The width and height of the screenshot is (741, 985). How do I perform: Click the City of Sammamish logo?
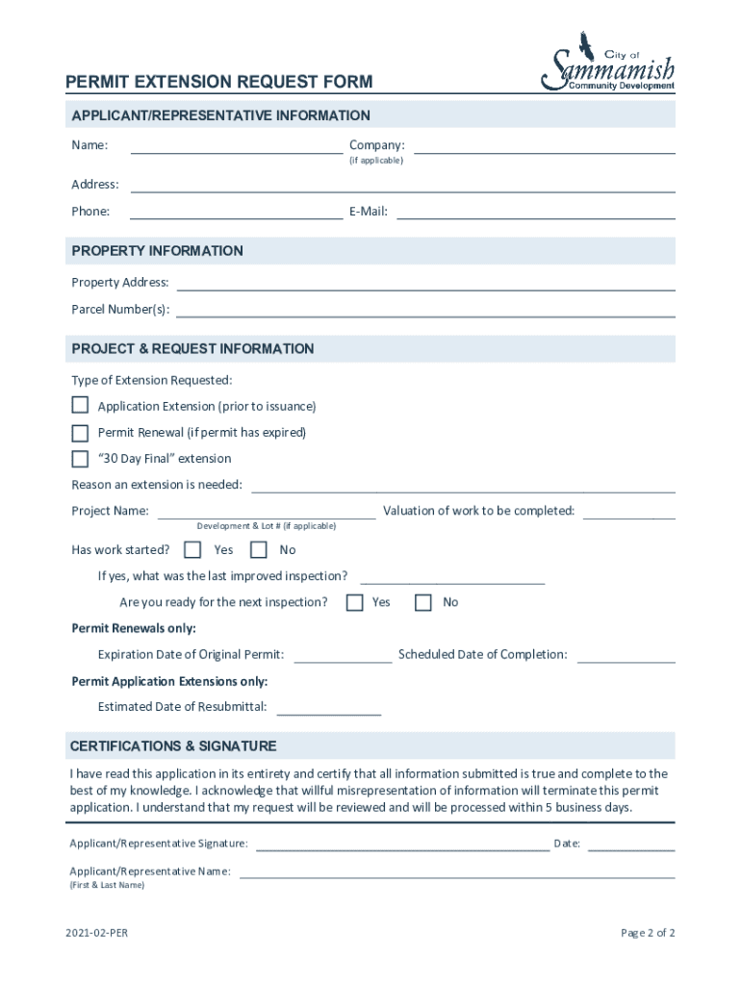(x=608, y=63)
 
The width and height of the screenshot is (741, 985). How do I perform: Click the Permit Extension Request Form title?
(x=218, y=83)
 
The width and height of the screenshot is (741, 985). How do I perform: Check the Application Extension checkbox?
(x=80, y=405)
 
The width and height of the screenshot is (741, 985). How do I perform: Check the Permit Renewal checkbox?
(x=80, y=432)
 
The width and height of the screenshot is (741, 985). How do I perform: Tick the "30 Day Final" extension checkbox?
(x=80, y=459)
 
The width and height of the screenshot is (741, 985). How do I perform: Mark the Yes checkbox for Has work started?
(x=192, y=550)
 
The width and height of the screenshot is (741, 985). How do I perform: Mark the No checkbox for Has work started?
(x=258, y=550)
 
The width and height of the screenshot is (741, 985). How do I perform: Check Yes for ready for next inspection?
(x=354, y=602)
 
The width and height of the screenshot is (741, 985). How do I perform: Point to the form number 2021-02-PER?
(x=96, y=933)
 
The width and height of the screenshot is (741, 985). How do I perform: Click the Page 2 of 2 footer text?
(x=648, y=933)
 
